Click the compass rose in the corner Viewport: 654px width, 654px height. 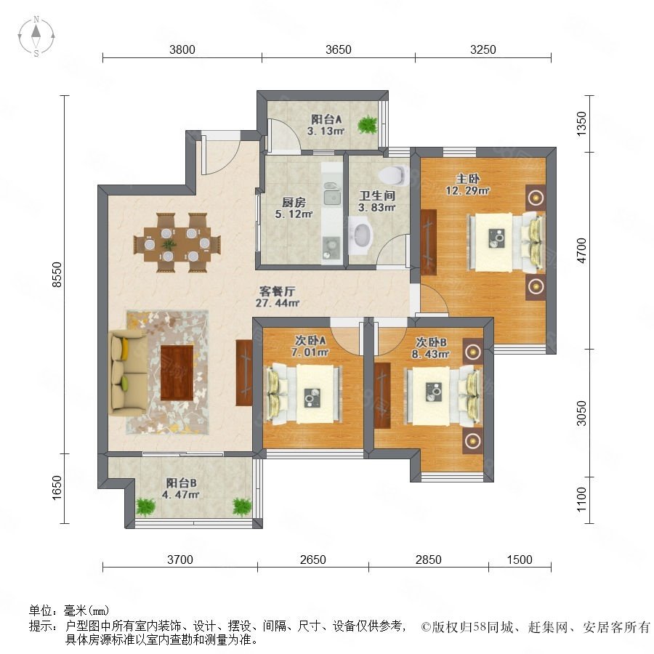pos(36,36)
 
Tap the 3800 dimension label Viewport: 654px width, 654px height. pos(182,49)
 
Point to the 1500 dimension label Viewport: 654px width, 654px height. pos(520,560)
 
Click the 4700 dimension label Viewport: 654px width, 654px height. pos(581,250)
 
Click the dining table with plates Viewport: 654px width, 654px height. pos(177,243)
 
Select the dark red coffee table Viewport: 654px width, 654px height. pos(177,373)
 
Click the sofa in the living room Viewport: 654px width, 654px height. pos(124,374)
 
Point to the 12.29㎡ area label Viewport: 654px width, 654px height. pos(467,191)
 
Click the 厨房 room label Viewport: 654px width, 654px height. pos(294,202)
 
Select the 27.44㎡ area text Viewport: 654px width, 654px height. pos(277,303)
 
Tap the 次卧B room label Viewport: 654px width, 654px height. pos(431,342)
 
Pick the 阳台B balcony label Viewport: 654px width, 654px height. pos(182,483)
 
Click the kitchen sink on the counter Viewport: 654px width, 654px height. pos(331,195)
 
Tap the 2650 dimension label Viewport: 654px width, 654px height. pos(312,560)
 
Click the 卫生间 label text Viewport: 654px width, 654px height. pos(377,195)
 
